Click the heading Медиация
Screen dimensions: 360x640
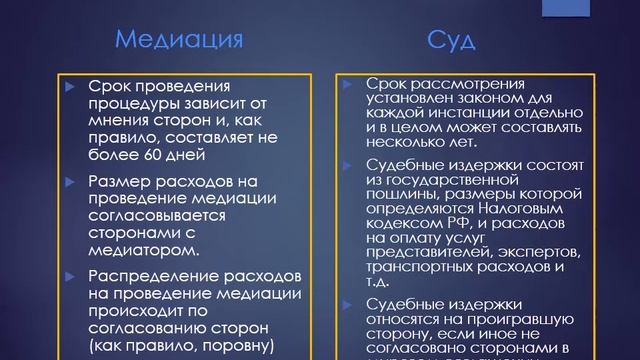coord(180,41)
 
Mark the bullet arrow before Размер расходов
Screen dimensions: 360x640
coord(69,181)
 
